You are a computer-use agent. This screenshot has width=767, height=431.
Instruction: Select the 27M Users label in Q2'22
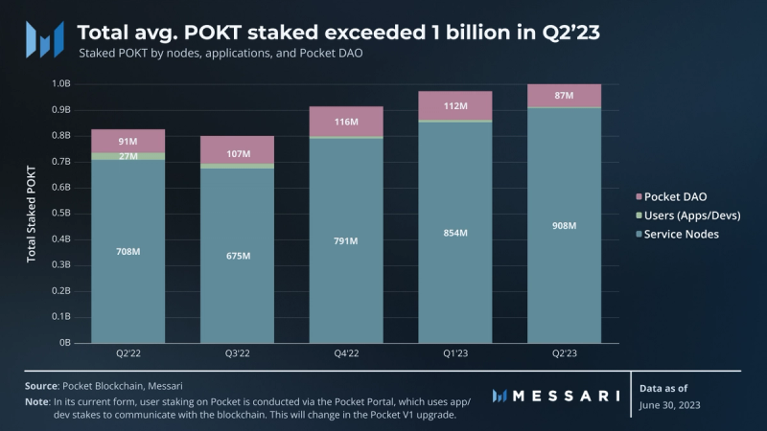pyautogui.click(x=127, y=156)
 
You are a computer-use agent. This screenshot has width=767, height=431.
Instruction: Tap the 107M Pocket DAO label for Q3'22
pyautogui.click(x=237, y=154)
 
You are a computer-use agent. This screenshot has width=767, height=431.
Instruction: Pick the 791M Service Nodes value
pyautogui.click(x=346, y=240)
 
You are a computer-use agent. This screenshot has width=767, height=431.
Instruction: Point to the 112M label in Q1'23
pyautogui.click(x=455, y=106)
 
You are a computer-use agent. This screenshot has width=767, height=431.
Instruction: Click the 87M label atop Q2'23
pyautogui.click(x=565, y=96)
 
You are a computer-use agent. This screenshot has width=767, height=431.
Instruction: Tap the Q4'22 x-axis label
pyautogui.click(x=346, y=354)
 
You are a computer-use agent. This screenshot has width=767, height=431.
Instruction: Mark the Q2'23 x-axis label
pyautogui.click(x=565, y=354)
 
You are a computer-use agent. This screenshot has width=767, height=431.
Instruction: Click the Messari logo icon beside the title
pyautogui.click(x=44, y=39)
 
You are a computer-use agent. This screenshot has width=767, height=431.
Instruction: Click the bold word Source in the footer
pyautogui.click(x=41, y=385)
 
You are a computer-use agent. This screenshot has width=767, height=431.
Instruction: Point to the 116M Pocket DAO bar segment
pyautogui.click(x=346, y=122)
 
